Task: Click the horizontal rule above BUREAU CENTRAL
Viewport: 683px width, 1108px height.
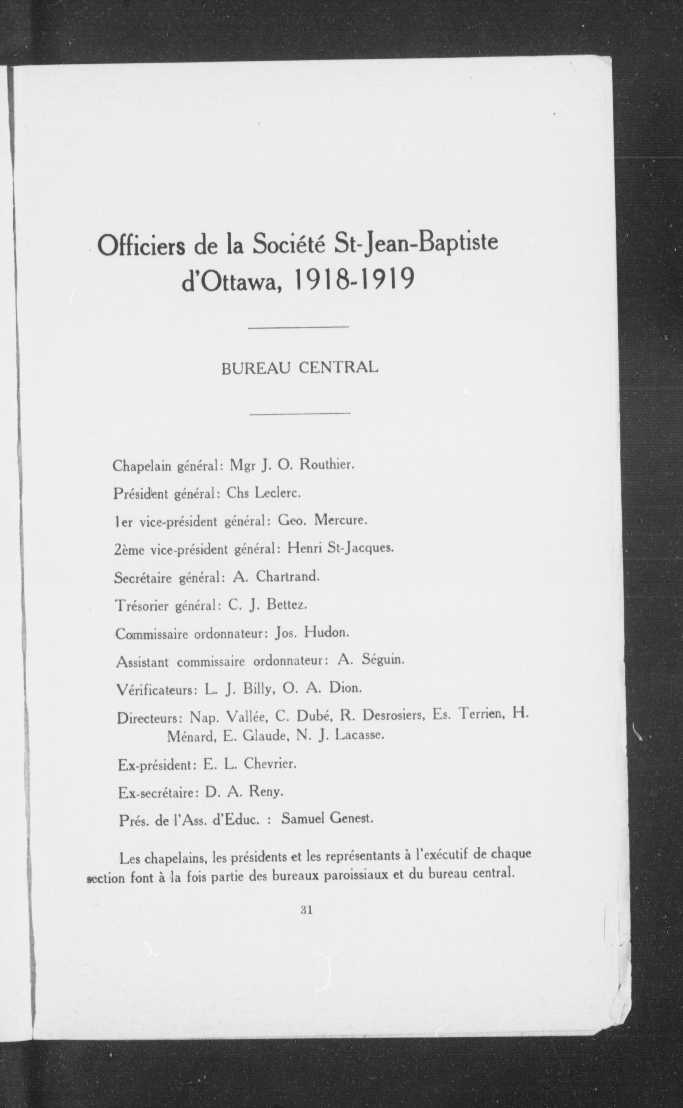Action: pos(298,326)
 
